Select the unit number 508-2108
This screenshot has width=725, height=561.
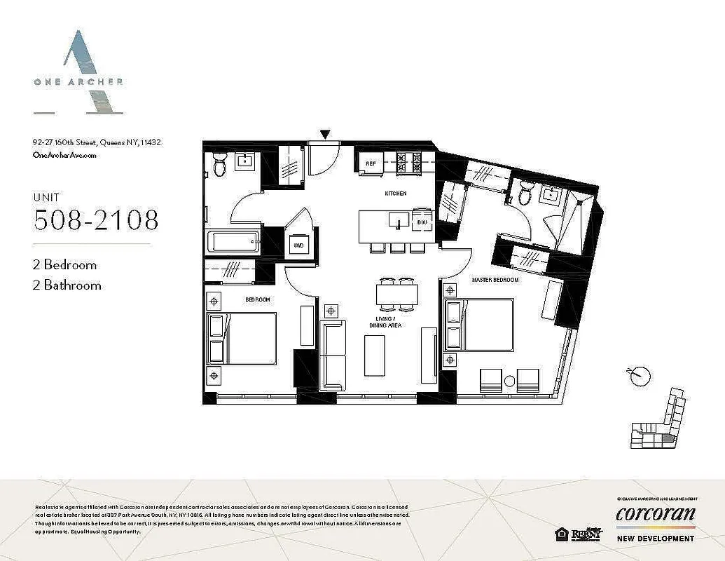(96, 220)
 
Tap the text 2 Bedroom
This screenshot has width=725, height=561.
(64, 265)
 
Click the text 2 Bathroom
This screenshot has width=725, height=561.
(67, 285)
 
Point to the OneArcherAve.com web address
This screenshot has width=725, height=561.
(64, 155)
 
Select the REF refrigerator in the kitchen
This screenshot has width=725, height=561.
(371, 164)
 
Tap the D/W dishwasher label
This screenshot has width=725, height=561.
(421, 222)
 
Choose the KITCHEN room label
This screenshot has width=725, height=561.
(395, 194)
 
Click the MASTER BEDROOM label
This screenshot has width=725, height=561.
(495, 280)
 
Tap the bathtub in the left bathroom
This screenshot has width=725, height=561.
(233, 244)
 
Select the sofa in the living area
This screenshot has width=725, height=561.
(333, 355)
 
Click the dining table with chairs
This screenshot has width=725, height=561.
(397, 293)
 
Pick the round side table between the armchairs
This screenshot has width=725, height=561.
(509, 381)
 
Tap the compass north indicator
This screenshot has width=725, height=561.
(637, 376)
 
